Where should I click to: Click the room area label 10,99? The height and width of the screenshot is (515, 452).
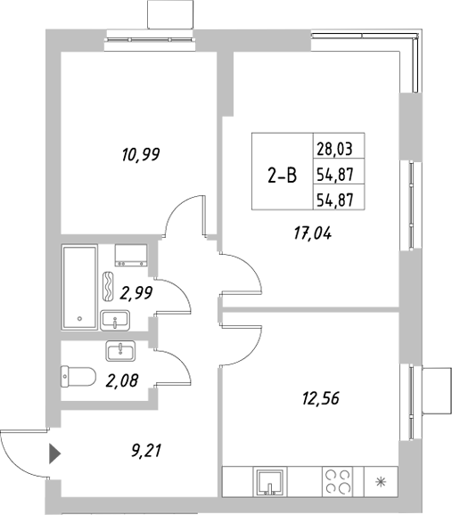[x=140, y=155]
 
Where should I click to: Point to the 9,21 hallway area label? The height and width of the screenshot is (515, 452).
[x=142, y=451]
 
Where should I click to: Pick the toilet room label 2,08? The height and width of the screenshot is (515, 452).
[x=122, y=381]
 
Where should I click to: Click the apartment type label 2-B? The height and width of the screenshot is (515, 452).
[x=283, y=176]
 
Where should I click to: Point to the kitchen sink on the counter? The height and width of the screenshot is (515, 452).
[x=268, y=482]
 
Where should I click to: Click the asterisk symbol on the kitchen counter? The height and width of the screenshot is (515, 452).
[x=382, y=483]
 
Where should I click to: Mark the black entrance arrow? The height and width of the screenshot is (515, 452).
[x=54, y=454]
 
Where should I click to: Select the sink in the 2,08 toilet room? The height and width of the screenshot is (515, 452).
[x=119, y=350]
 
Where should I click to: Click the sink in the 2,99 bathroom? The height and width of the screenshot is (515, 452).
[x=114, y=318]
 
